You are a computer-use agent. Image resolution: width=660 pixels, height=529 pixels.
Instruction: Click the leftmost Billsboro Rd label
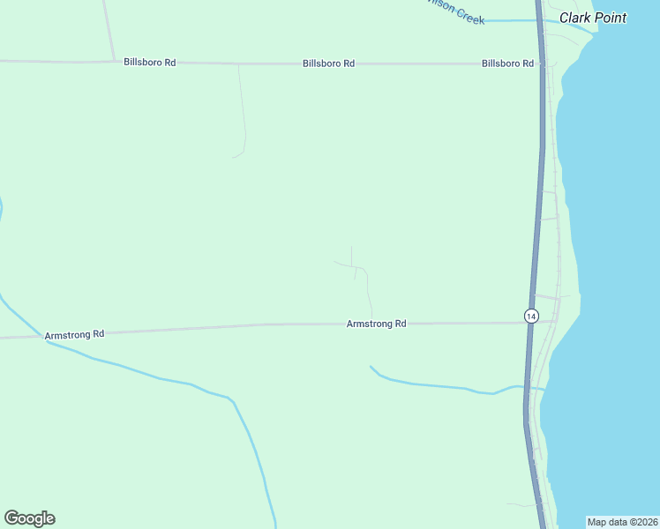[149, 63]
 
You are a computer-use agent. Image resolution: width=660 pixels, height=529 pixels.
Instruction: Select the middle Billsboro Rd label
[328, 63]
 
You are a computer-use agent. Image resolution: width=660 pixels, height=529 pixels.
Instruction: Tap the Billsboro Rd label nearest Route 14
[507, 63]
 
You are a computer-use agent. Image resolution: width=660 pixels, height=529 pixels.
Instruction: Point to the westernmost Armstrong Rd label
[74, 334]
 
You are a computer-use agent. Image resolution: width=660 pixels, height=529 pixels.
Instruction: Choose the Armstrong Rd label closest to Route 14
[376, 324]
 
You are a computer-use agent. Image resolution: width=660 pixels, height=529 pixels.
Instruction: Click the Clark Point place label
[593, 18]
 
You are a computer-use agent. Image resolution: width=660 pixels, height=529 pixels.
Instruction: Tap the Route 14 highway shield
[530, 316]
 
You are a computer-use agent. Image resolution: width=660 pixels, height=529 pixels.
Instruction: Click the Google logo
[29, 518]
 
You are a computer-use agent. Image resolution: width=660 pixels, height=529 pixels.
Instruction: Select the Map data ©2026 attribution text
[622, 522]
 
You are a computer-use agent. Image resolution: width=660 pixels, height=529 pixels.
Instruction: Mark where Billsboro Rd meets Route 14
[541, 63]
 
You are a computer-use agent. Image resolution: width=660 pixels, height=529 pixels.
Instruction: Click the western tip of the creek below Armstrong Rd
[371, 366]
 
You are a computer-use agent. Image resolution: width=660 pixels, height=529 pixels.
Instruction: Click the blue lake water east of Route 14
[618, 264]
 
